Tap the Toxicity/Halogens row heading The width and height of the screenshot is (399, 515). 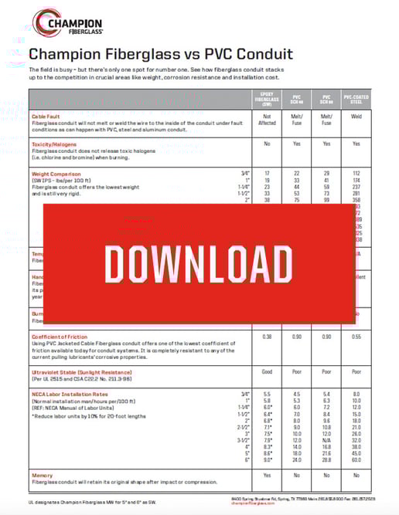(55, 144)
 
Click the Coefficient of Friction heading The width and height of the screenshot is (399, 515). (63, 336)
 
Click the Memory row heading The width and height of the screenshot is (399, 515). (43, 475)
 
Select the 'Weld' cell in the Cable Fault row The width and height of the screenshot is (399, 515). (356, 116)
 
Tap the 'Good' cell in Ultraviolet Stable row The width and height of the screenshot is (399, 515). (266, 371)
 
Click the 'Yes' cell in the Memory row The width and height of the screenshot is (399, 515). (266, 475)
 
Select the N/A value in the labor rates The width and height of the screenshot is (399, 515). (326, 439)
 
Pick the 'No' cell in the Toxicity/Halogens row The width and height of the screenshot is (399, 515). (266, 144)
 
